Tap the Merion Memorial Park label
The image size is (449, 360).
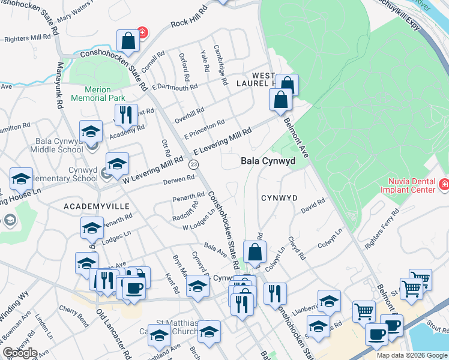(x=98, y=94)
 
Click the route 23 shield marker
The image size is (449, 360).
(x=193, y=164)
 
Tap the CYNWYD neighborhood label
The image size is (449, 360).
(x=279, y=198)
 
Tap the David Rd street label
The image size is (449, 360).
(x=313, y=207)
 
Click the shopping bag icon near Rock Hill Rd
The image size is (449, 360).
(x=128, y=41)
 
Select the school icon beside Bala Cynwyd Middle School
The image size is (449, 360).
(x=90, y=131)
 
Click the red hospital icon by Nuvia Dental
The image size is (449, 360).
(x=444, y=184)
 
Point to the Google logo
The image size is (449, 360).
(x=19, y=353)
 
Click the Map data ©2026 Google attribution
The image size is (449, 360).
(x=412, y=355)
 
